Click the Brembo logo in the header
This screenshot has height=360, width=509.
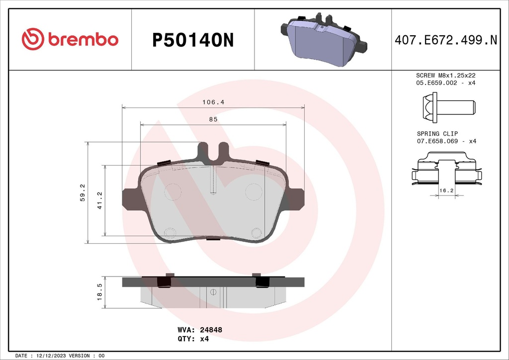click(x=70, y=39)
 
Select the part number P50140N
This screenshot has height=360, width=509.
click(x=192, y=40)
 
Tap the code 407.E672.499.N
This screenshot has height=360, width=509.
click(x=445, y=40)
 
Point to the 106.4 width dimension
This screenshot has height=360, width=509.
click(x=213, y=102)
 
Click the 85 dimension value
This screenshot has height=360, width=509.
click(x=213, y=119)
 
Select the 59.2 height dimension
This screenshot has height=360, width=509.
click(x=83, y=192)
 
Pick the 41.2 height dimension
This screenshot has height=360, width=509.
click(x=99, y=200)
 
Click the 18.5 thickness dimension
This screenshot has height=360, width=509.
click(x=99, y=292)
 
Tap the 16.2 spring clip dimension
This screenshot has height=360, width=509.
click(x=445, y=190)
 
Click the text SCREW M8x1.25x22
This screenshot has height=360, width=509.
click(x=445, y=75)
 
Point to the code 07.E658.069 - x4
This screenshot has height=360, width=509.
click(x=445, y=141)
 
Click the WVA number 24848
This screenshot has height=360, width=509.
click(x=210, y=329)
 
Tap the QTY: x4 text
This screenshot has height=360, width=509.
click(x=193, y=339)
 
